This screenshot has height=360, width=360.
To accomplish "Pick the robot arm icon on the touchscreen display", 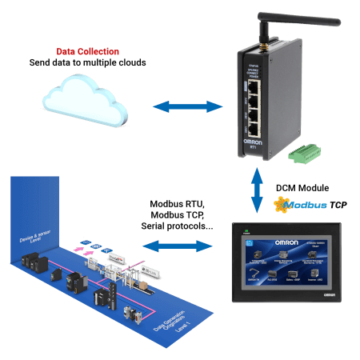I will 264,254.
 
